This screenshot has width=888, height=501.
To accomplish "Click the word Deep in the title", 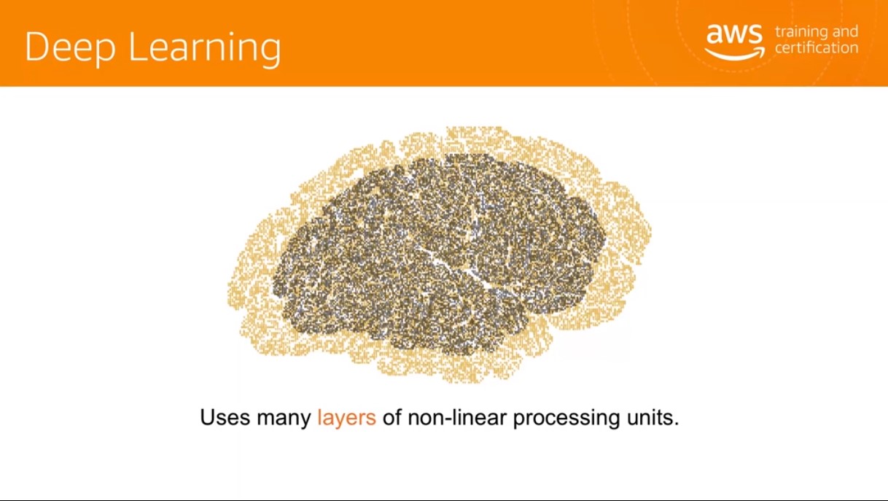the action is [71, 47].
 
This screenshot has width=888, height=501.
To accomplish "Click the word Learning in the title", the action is [205, 47].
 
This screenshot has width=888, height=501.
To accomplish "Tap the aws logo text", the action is [734, 34].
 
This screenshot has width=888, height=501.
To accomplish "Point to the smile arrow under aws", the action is [735, 53].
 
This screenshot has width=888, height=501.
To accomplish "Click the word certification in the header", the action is [817, 48].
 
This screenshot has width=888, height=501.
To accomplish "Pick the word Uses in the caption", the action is [225, 417].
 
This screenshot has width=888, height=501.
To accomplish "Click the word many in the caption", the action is [284, 419].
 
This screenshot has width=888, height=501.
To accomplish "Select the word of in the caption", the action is [392, 417].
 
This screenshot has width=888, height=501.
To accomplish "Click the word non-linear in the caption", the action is [457, 417].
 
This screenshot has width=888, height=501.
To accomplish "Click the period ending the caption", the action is [676, 424].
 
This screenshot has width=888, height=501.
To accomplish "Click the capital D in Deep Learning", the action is [39, 46].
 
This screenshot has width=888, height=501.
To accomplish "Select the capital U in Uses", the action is [207, 417].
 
